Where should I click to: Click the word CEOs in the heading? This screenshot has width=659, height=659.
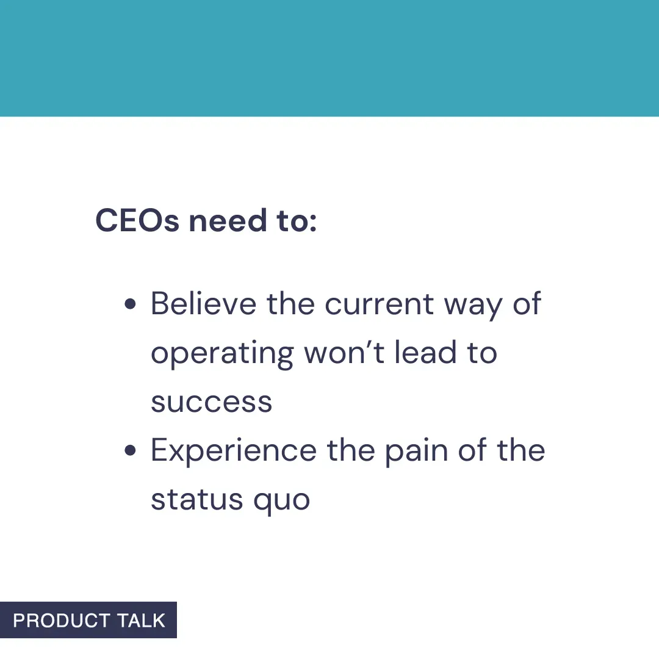point(137,221)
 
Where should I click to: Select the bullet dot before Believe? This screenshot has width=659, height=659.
point(129,304)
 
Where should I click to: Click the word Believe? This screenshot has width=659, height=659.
point(203,303)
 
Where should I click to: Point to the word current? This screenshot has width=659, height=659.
point(378,303)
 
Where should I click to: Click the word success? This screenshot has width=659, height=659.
point(212,403)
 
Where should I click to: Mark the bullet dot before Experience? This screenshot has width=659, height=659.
point(129,451)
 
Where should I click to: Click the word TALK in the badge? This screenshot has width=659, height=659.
point(141,621)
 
